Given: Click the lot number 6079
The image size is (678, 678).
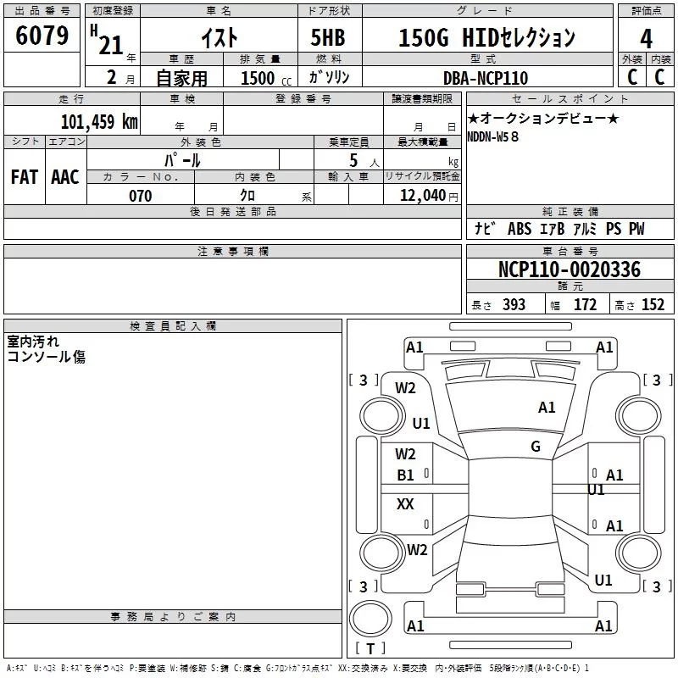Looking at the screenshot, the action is (42, 37).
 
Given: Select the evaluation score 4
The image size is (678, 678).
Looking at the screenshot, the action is (646, 39).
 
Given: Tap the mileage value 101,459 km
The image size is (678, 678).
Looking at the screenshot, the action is (98, 121).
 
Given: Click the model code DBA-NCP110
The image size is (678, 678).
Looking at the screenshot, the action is (486, 78).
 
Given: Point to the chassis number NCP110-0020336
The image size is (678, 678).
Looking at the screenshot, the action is (569, 270).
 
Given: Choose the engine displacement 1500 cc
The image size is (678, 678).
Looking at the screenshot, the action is (259, 78).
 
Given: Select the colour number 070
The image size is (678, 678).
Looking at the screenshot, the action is (140, 196).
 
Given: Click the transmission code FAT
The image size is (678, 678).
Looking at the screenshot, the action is (24, 177).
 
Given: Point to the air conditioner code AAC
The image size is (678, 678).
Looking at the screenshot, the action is (64, 177).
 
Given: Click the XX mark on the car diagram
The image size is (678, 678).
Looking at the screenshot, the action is (406, 504).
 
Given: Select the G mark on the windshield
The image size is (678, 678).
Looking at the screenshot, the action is (536, 447).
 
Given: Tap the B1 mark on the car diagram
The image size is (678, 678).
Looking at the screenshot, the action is (406, 475).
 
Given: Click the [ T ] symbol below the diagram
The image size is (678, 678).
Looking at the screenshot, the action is (370, 648).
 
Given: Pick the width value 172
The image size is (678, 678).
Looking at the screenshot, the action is (586, 305).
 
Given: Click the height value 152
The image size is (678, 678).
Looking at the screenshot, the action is (653, 305).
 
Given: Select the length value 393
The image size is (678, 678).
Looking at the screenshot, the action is (514, 305).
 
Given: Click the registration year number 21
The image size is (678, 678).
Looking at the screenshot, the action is (111, 46).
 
